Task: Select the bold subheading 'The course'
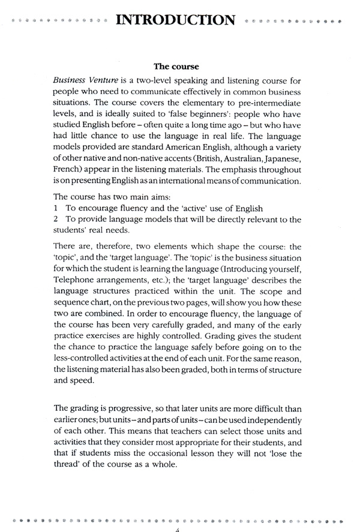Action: (176, 66)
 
